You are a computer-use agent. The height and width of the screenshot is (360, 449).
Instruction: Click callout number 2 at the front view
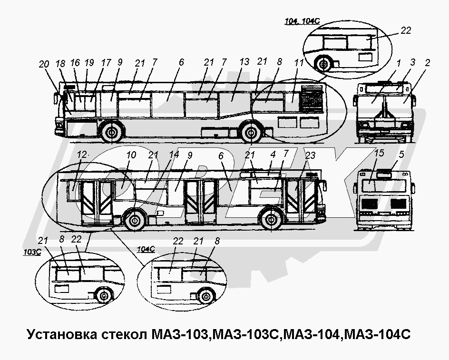click(428, 62)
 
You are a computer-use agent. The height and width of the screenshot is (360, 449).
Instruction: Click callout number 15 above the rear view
click(379, 154)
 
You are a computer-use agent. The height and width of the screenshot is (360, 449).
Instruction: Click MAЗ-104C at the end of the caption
click(376, 334)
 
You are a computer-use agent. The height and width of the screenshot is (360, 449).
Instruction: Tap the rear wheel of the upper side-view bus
click(251, 134)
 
